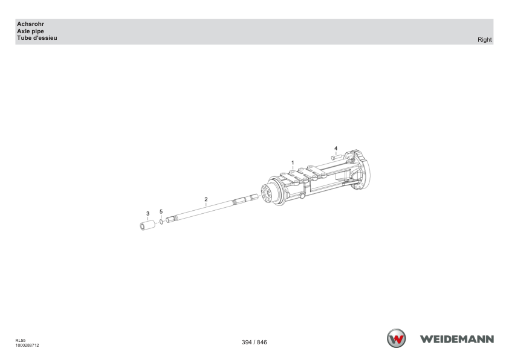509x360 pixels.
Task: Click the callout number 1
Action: click(x=293, y=162)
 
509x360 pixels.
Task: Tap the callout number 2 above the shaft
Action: click(x=206, y=199)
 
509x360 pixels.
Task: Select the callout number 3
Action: click(x=148, y=213)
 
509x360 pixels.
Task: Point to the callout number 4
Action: click(x=336, y=148)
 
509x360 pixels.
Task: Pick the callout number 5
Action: click(x=161, y=211)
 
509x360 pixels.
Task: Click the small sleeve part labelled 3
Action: click(x=148, y=225)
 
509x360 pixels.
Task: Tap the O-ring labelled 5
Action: click(x=161, y=222)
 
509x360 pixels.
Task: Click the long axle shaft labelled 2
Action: click(x=212, y=208)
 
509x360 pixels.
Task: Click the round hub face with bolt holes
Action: click(x=266, y=193)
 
